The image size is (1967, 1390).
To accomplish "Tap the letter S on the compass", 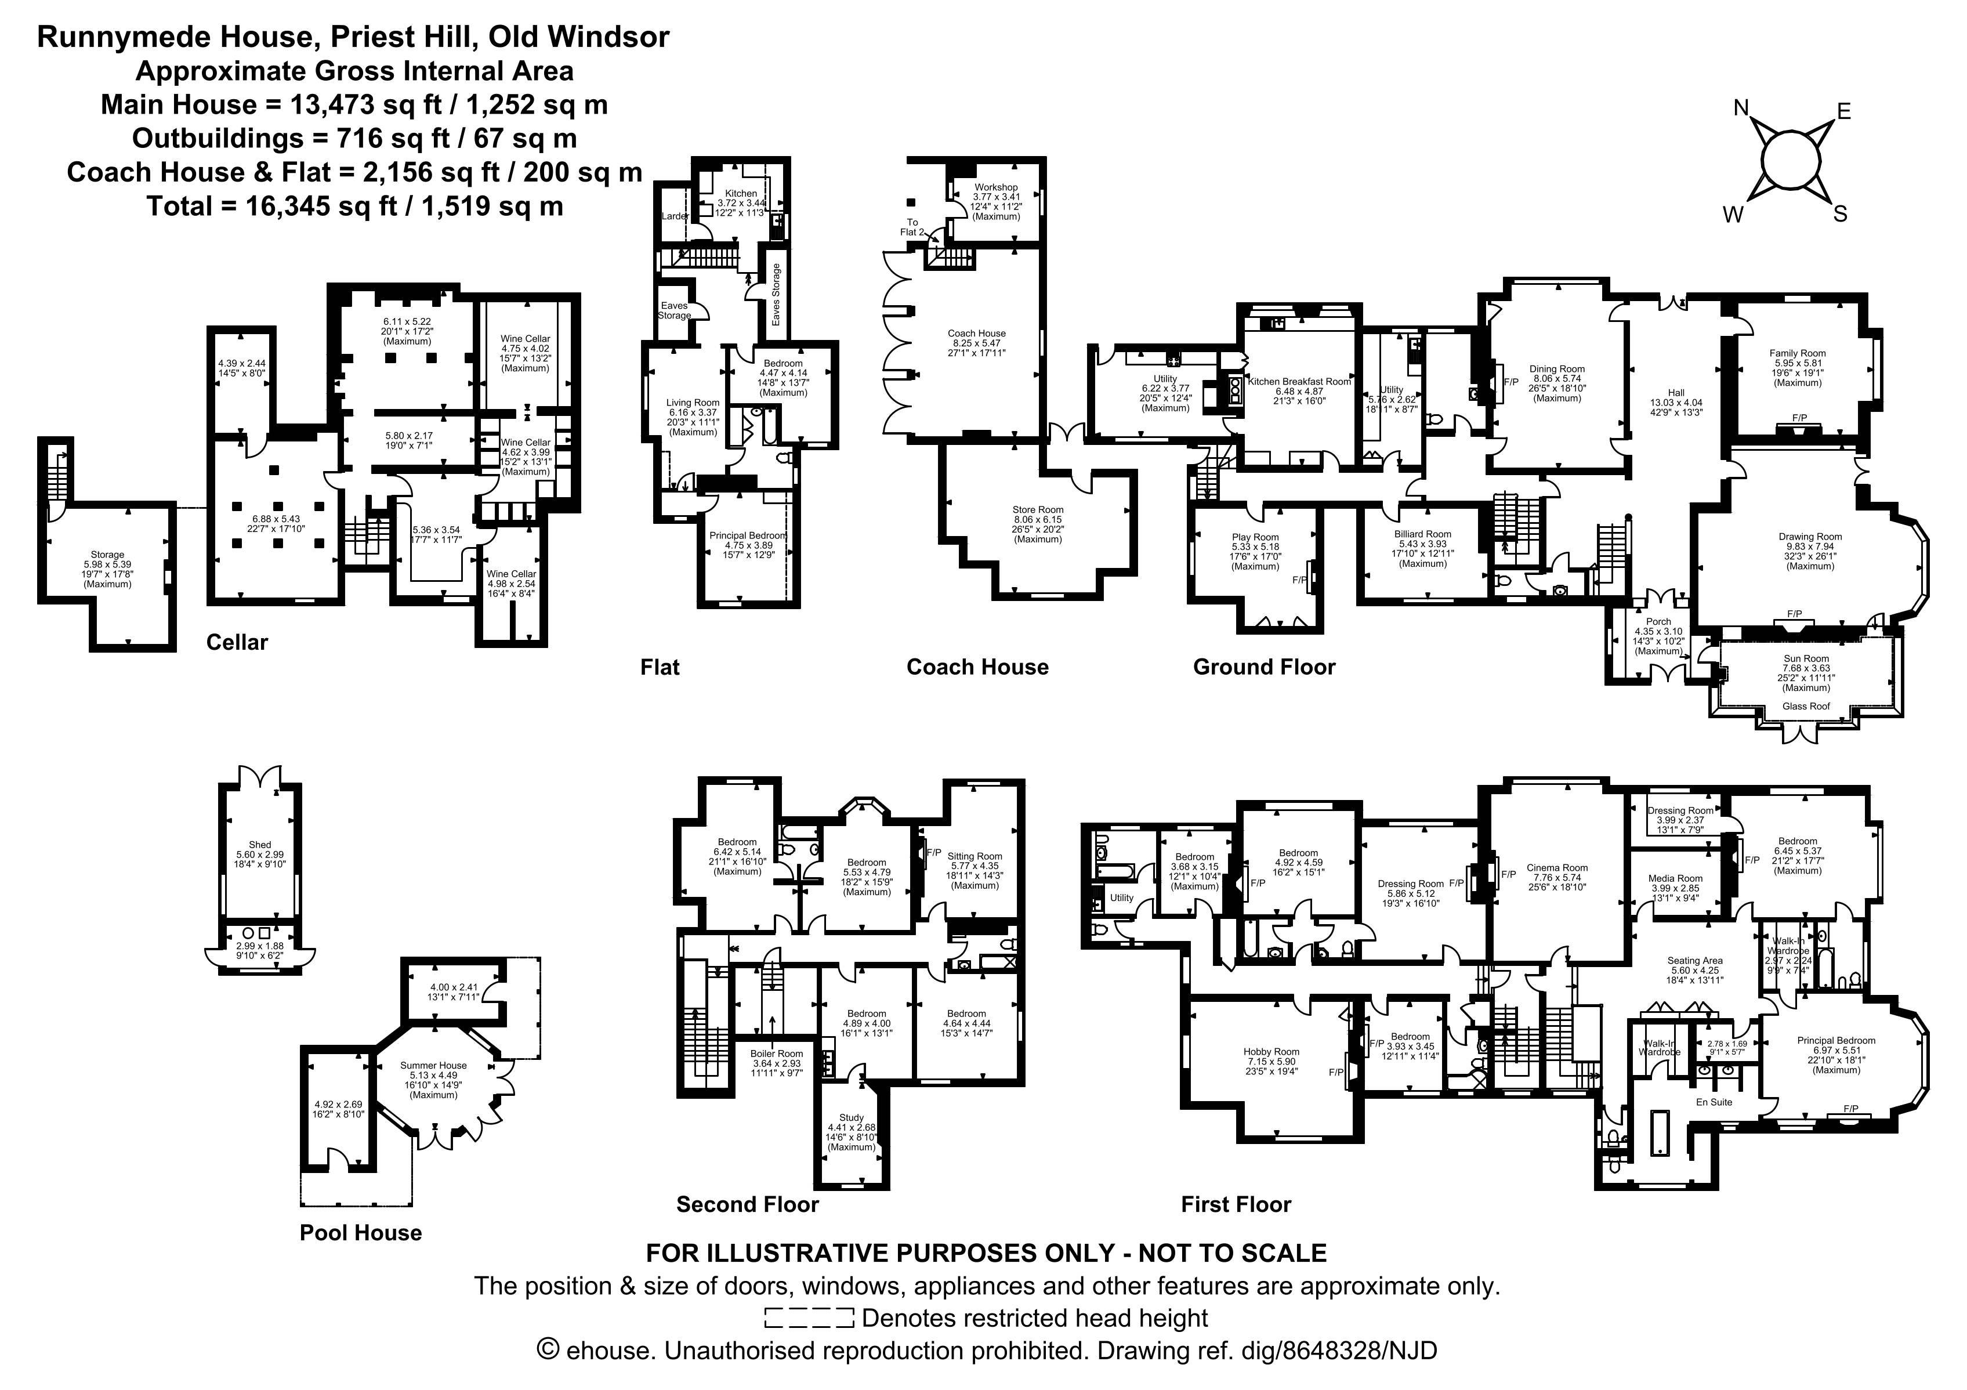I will coord(1839,214).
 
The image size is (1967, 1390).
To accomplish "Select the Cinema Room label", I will coord(1557,867).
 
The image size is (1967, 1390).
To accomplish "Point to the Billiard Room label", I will coord(1422,534).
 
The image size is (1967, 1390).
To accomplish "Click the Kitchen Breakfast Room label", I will coord(1299,381).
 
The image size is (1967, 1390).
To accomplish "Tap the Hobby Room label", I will coord(1272,1052).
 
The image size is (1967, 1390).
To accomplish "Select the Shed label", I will coord(260,845).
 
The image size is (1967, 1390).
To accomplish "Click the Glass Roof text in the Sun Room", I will coord(1806,706).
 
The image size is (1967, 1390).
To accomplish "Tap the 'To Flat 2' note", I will coord(912,227).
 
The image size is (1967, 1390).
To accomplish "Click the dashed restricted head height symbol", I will coord(809,1318).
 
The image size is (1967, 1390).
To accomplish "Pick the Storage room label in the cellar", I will coord(107,555).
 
